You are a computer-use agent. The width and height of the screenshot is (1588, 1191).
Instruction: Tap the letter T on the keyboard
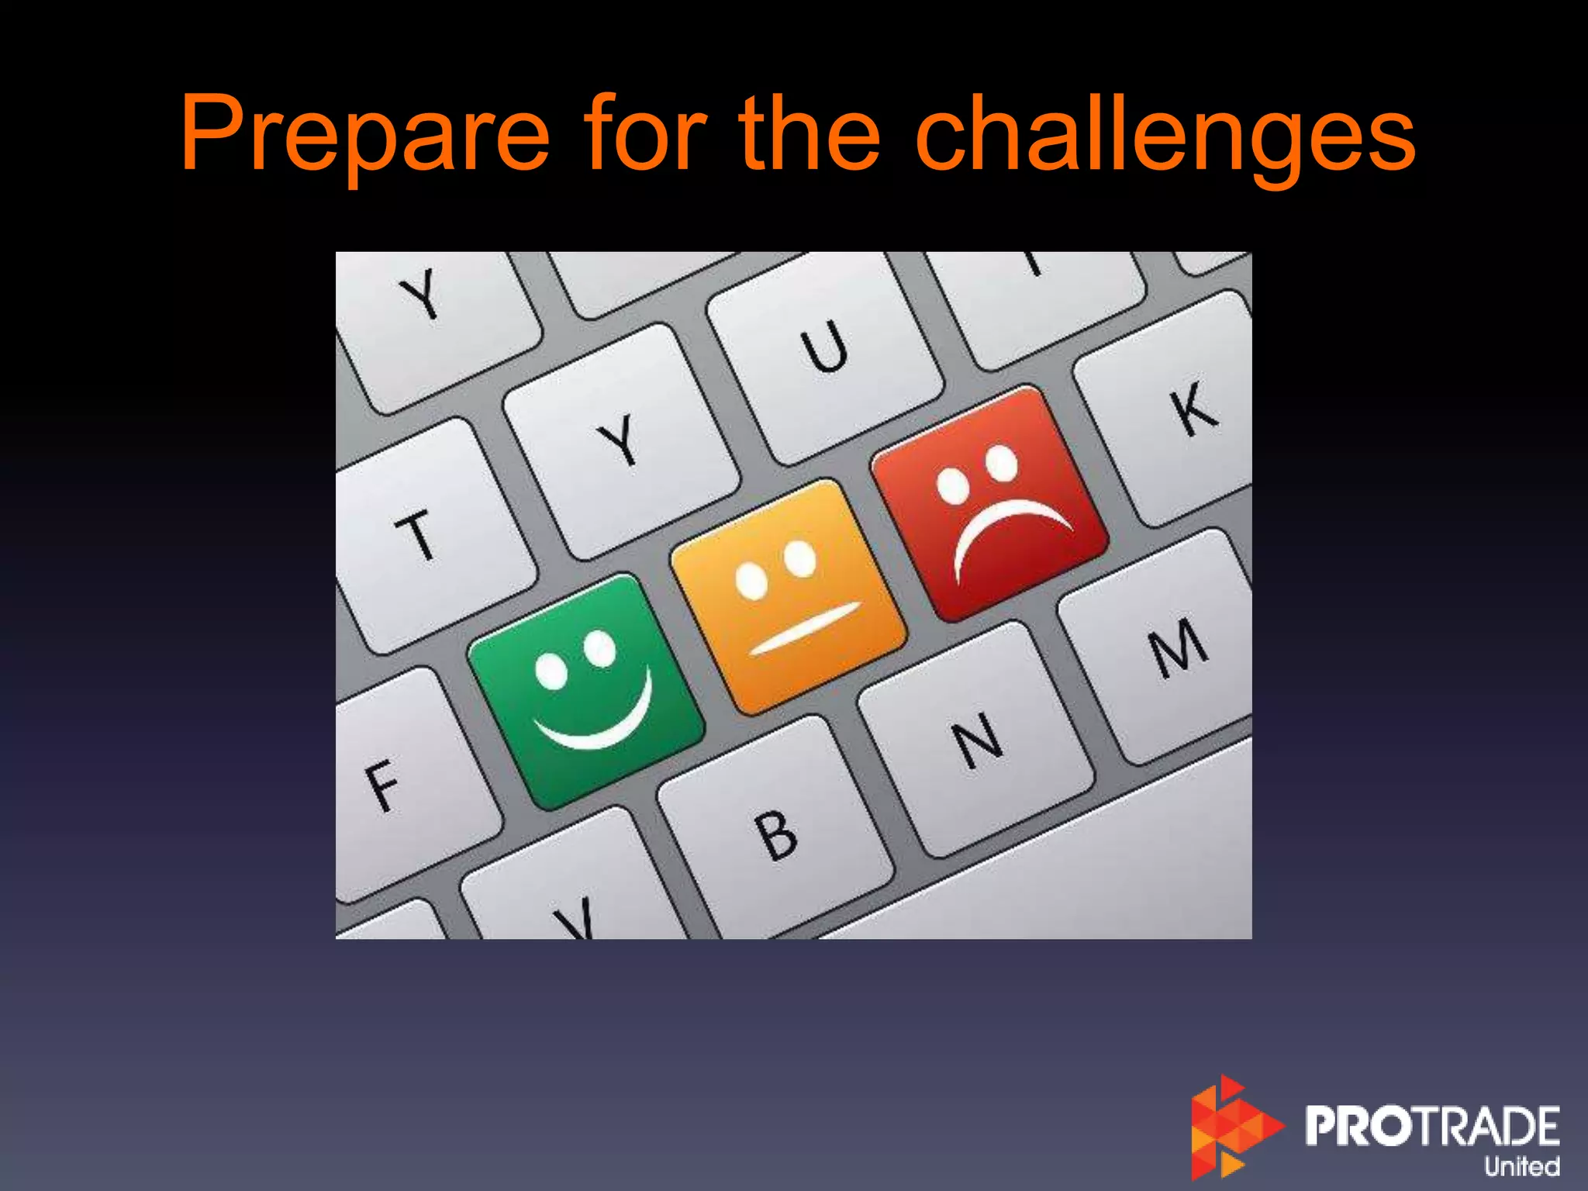[x=417, y=535]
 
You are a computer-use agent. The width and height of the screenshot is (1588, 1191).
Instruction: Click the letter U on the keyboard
[x=825, y=347]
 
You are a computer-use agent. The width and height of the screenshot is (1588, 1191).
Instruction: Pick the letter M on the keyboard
[x=1179, y=647]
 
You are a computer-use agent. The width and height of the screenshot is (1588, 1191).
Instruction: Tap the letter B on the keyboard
[x=777, y=835]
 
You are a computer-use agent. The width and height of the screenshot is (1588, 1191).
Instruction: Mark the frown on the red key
[x=1008, y=527]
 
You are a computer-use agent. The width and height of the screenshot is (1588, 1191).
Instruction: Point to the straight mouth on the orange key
[x=805, y=627]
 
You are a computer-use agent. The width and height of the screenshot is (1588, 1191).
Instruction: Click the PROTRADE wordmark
[x=1431, y=1125]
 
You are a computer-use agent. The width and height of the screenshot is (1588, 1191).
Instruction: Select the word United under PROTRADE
[x=1521, y=1165]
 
